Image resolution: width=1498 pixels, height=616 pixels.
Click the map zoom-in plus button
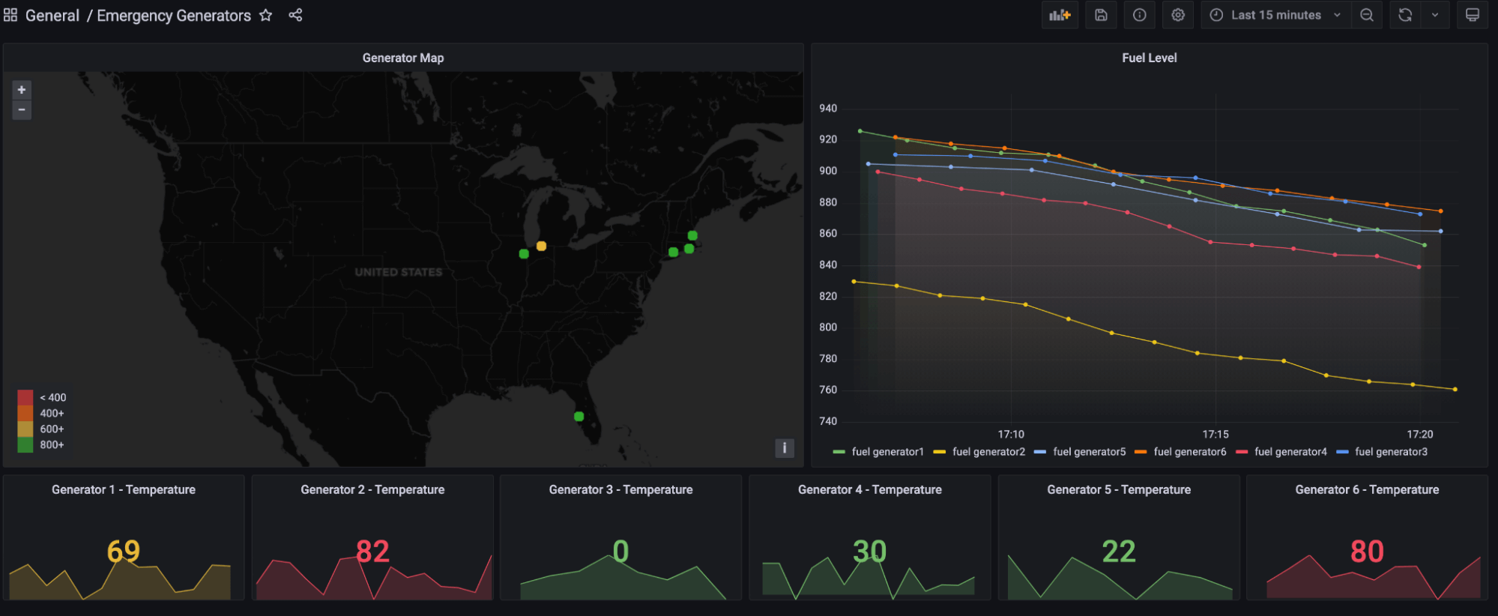click(x=22, y=90)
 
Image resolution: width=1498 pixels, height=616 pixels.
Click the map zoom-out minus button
click(x=22, y=110)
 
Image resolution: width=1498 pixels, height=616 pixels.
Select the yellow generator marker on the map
click(x=541, y=246)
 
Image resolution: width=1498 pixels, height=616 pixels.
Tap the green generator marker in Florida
click(x=579, y=416)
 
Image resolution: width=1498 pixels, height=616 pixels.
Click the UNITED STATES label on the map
click(x=399, y=272)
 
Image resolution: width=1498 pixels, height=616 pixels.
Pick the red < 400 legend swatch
click(x=25, y=397)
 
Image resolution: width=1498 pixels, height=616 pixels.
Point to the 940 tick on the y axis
click(x=828, y=109)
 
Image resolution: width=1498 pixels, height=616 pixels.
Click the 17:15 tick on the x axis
click(x=1215, y=435)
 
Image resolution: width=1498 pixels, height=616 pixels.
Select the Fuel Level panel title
click(x=1149, y=58)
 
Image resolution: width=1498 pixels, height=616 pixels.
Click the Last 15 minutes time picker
click(x=1275, y=15)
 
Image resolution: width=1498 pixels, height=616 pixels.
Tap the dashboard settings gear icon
click(x=1178, y=15)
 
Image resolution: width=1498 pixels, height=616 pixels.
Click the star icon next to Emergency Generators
click(x=265, y=15)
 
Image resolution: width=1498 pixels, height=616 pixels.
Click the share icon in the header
click(x=295, y=15)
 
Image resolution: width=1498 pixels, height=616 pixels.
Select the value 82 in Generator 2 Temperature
click(x=372, y=552)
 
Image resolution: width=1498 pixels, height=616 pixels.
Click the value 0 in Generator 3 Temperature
click(x=620, y=552)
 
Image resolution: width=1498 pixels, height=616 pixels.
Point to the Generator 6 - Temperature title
click(x=1367, y=489)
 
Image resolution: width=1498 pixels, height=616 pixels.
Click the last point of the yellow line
click(x=1455, y=389)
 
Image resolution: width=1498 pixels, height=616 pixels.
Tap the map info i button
click(x=784, y=448)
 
